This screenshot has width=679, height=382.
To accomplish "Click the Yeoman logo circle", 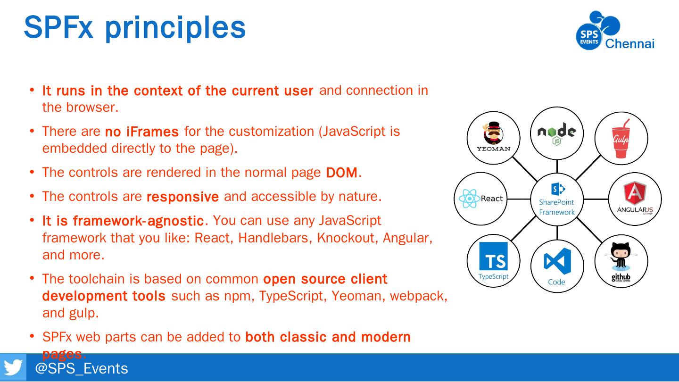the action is coord(493,138).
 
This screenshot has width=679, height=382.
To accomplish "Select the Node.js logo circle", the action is coord(557,133).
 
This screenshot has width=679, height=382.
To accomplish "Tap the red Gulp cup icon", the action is coord(621,139).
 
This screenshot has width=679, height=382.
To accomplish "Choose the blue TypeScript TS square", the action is coord(493,257).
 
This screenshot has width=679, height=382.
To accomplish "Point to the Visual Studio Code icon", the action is coord(557,262).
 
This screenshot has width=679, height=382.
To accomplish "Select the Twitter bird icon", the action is coord(13,367).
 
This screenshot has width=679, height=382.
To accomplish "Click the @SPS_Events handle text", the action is coord(82,368).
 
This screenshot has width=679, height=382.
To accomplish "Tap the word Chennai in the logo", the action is coord(629,44).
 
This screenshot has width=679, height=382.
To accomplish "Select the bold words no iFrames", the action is coord(141,132).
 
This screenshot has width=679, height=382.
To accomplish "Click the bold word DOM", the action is coord(342,173).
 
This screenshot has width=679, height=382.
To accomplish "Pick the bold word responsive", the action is coord(182,197).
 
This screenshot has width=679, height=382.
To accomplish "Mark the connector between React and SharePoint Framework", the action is coord(518,199).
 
